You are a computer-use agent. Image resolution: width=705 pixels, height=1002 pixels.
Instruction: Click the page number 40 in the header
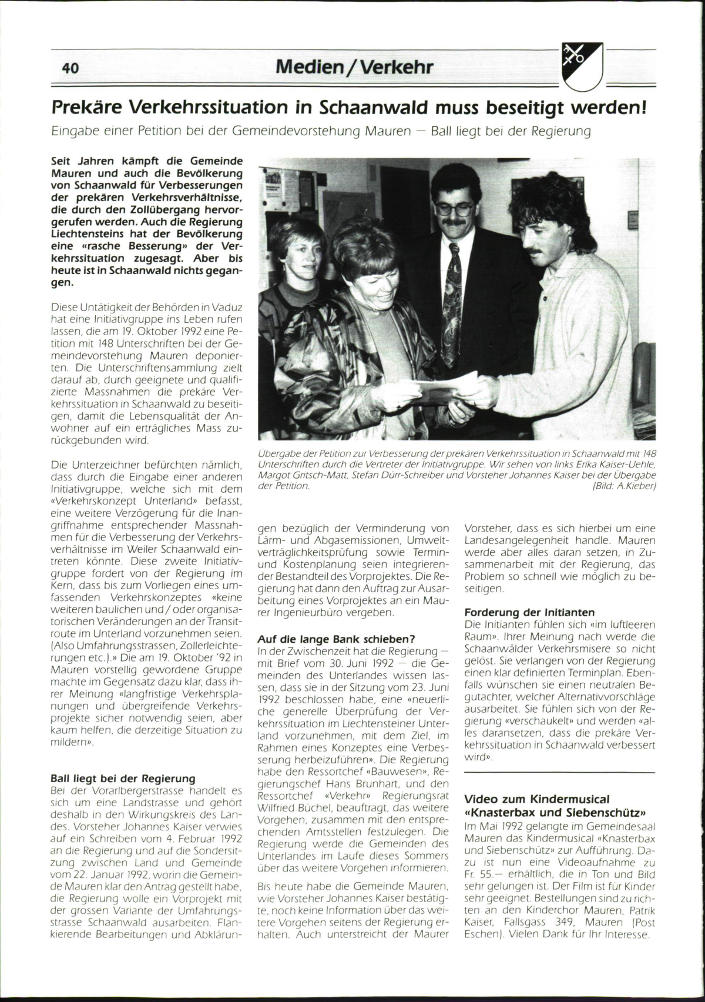pyautogui.click(x=70, y=69)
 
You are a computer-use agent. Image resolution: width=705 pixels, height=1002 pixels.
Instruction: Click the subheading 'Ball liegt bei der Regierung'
pyautogui.click(x=123, y=779)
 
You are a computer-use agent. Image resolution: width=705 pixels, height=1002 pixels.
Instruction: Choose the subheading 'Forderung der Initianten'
pyautogui.click(x=529, y=612)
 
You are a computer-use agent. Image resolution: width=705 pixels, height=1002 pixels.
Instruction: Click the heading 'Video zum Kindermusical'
pyautogui.click(x=537, y=799)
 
